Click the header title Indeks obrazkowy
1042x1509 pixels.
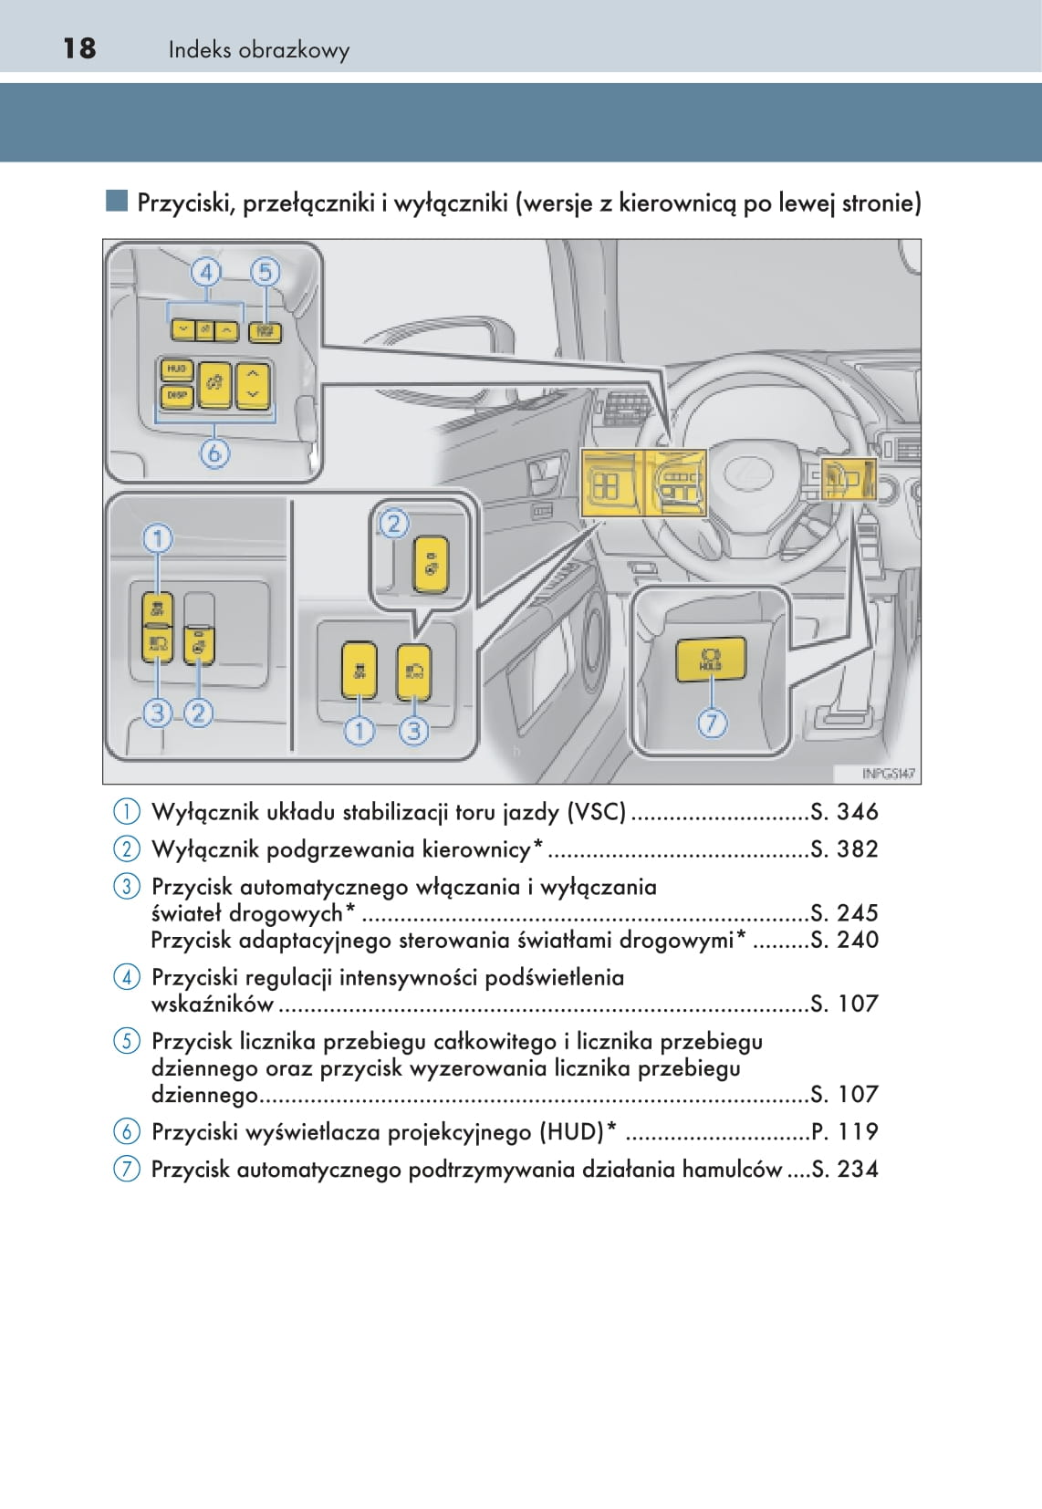(x=258, y=50)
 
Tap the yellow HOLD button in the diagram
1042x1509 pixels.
(x=711, y=660)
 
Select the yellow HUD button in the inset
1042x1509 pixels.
(x=176, y=369)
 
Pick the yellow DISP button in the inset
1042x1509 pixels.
(x=176, y=396)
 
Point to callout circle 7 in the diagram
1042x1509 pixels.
(x=712, y=723)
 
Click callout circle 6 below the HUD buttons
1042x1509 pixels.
(x=214, y=453)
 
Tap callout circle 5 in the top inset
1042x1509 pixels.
(x=265, y=272)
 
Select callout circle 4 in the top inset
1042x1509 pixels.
(x=206, y=272)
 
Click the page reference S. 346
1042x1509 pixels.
(x=844, y=812)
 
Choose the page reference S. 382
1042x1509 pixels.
(x=844, y=849)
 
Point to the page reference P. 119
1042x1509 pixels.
(x=844, y=1132)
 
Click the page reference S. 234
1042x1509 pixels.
(x=844, y=1170)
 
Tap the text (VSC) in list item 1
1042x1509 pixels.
(x=597, y=812)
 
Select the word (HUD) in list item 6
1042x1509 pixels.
(x=572, y=1132)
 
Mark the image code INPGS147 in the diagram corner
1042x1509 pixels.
(x=888, y=774)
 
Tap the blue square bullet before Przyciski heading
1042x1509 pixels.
(x=116, y=201)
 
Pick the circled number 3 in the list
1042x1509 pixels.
(x=127, y=886)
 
